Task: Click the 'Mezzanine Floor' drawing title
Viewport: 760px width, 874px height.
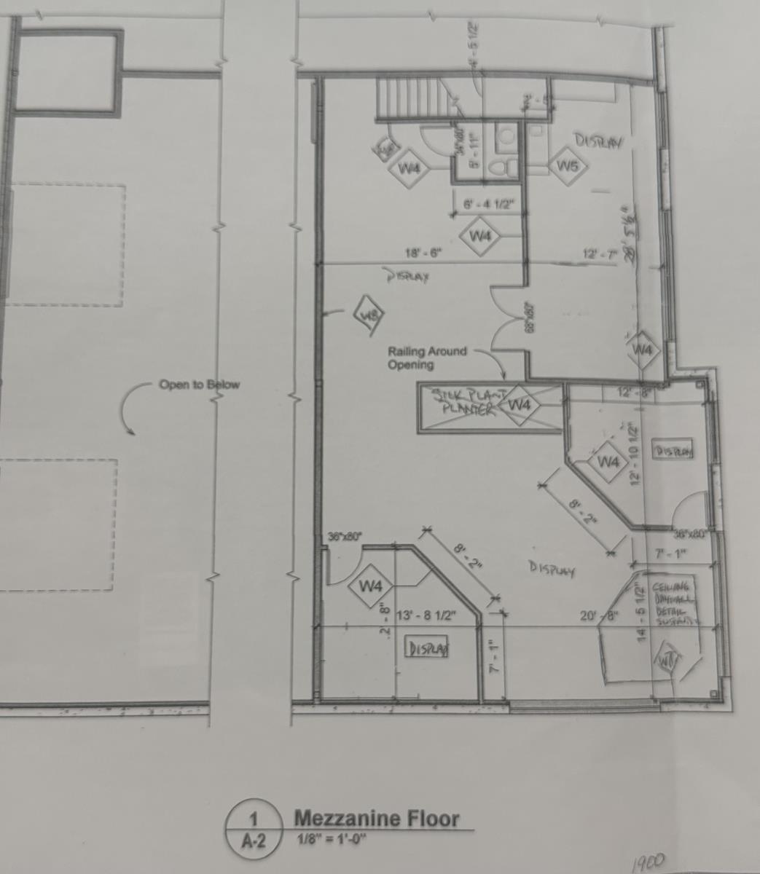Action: point(376,818)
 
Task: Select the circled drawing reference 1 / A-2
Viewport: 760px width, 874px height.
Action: point(253,829)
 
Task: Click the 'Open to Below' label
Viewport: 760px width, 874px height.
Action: point(199,385)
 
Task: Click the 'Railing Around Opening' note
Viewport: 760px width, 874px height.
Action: point(427,358)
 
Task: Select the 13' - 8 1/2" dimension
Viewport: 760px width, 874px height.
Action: point(426,616)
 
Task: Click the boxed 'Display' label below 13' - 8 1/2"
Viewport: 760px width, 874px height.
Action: point(428,648)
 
